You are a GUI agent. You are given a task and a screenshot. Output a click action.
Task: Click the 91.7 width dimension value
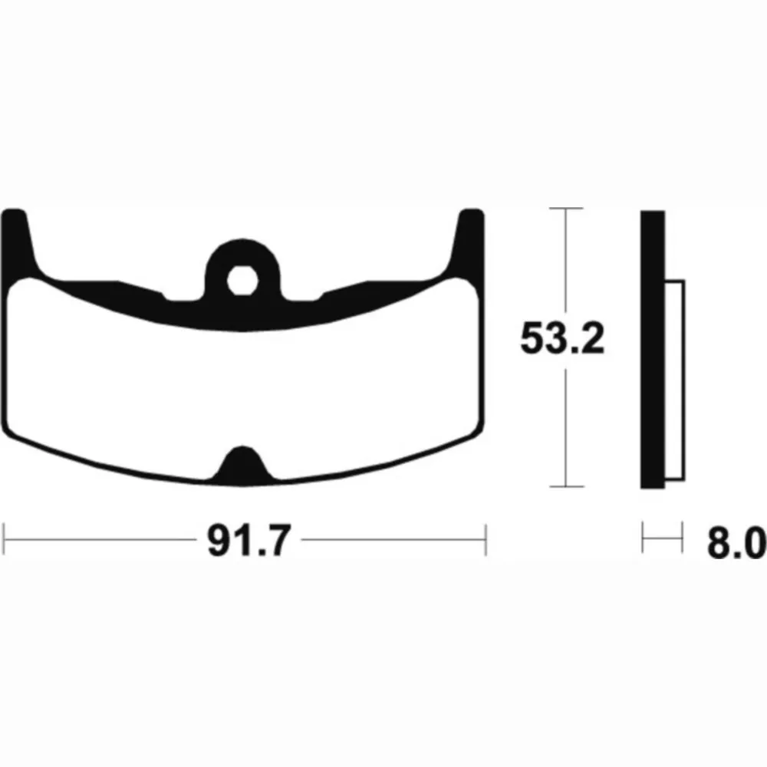[x=249, y=540]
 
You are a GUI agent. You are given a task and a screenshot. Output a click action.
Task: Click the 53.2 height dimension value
[x=562, y=338]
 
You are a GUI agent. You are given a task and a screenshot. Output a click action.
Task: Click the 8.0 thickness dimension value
[x=736, y=542]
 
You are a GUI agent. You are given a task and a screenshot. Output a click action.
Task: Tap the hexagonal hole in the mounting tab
[x=242, y=281]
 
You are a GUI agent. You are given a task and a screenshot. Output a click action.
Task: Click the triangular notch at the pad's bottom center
[x=242, y=465]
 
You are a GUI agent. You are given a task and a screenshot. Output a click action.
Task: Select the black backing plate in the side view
[x=653, y=349]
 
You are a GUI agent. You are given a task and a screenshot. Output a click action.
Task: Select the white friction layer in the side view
[x=674, y=380]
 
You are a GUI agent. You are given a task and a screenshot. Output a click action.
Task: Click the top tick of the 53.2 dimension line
[x=566, y=209]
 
